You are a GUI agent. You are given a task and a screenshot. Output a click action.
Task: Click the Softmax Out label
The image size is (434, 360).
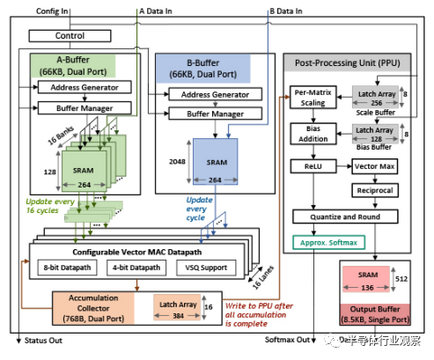pyautogui.click(x=289, y=341)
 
